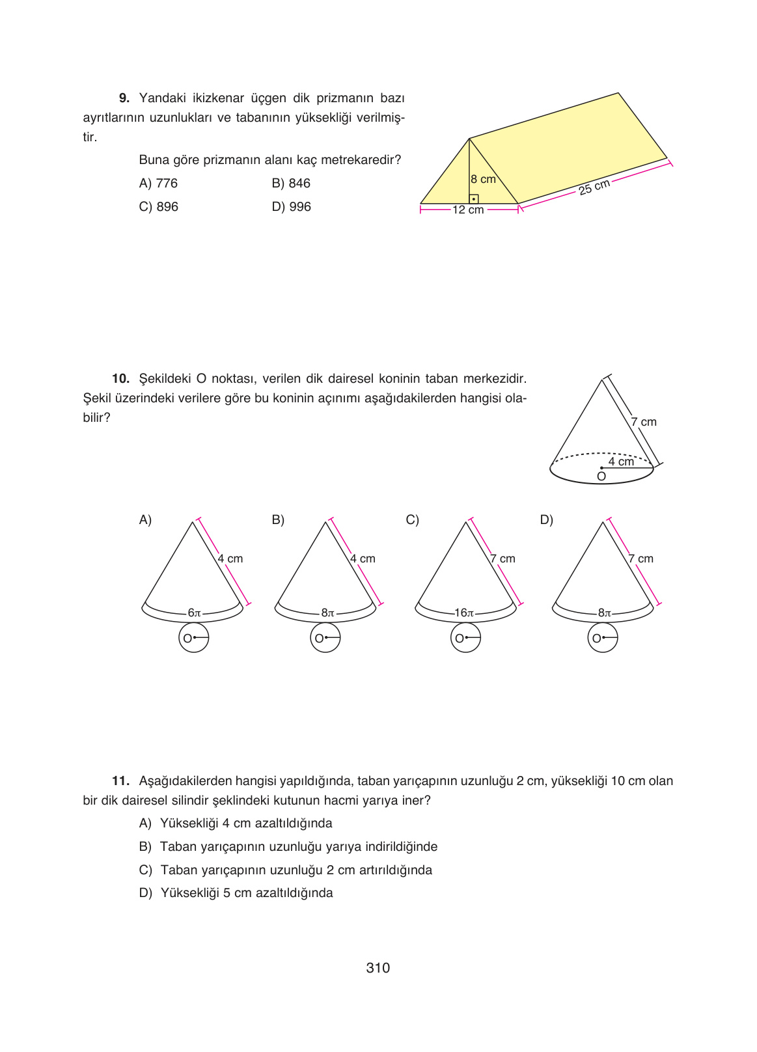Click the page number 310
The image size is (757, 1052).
378,968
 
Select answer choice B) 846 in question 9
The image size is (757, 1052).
291,184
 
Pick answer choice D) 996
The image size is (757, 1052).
291,207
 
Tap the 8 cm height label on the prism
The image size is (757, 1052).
483,179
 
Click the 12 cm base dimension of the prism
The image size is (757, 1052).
469,210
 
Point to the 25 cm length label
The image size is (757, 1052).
594,187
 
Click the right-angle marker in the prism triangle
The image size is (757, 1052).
474,199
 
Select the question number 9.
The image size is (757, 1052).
124,98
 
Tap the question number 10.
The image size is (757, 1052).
120,379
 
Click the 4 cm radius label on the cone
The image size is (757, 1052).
621,461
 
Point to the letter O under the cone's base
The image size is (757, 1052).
601,477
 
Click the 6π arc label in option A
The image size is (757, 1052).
194,613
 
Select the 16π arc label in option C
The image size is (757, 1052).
464,613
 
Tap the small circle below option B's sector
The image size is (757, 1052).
325,638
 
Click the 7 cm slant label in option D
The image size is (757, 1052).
640,559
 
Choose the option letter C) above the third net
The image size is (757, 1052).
412,520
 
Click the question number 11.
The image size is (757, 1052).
120,781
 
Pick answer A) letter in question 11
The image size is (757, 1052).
145,824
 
